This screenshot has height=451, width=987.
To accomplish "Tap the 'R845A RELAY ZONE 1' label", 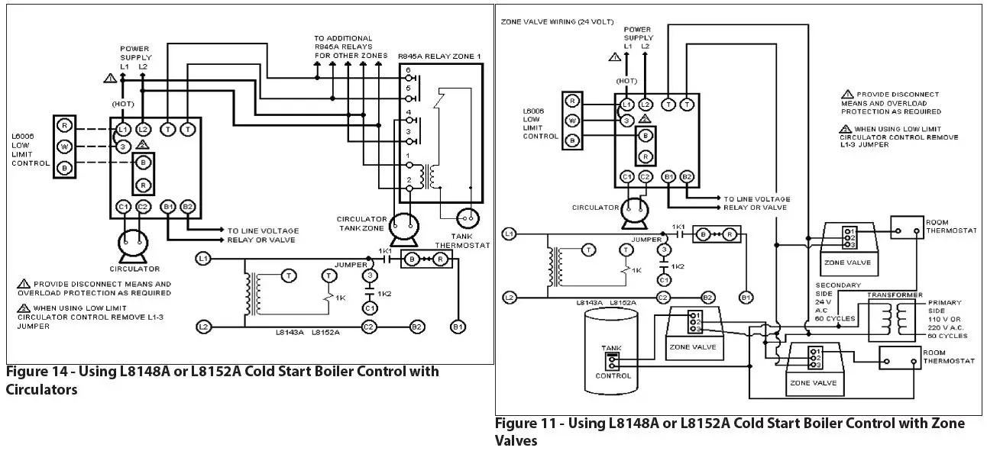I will coord(439,56).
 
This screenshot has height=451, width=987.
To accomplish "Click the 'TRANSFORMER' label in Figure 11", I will coord(890,295).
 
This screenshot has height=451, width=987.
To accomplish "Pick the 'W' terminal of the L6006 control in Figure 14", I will coord(66,147).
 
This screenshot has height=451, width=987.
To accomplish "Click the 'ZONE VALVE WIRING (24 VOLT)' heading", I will coord(551,21).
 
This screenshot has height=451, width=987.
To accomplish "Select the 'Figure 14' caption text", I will coord(222,380).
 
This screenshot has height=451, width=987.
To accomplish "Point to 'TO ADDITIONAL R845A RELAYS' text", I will coord(343,47).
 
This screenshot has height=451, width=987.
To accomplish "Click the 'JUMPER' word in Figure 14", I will coord(351,264).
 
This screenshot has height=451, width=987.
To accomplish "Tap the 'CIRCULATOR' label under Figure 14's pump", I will coord(134,269).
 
